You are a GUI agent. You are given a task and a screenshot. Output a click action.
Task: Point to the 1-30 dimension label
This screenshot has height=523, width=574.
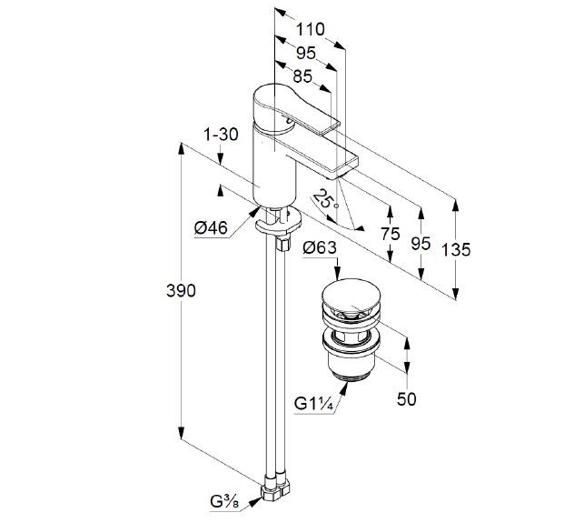coord(220,135)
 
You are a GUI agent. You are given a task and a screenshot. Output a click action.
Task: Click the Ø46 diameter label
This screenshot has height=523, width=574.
coord(211,229)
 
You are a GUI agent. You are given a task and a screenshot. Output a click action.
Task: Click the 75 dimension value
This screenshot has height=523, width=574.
coord(390,234)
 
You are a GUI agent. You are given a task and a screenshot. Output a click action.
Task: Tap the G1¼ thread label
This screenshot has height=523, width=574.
coord(312,402)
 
